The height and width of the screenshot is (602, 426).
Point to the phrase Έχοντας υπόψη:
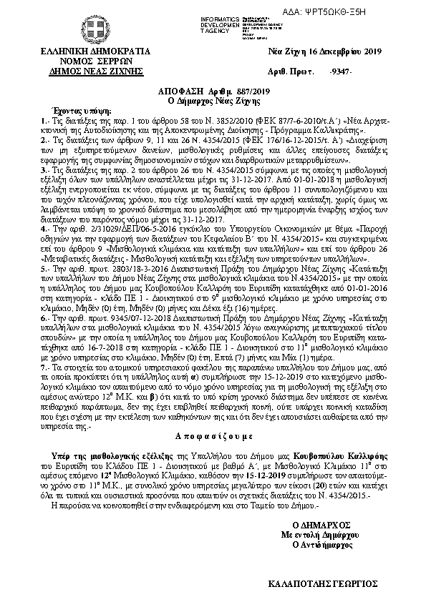coord(69,112)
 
